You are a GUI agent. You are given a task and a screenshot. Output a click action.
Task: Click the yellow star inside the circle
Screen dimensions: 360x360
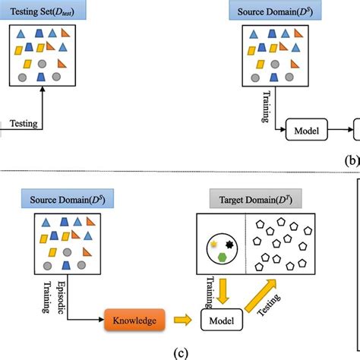point(213,245)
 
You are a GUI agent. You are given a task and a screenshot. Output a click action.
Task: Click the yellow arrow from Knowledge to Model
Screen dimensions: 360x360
point(183,321)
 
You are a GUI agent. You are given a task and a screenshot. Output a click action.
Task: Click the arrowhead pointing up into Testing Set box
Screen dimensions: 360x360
point(41,89)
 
